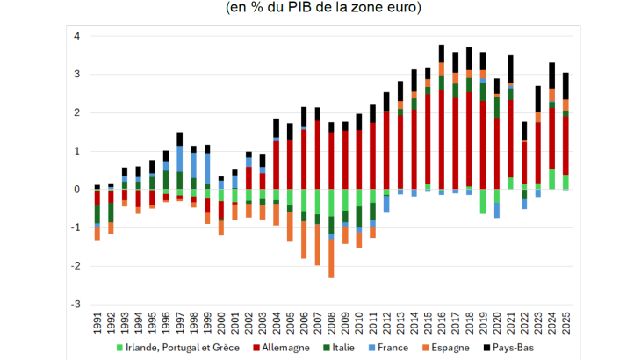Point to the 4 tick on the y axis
(77, 36)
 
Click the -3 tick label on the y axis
(76, 304)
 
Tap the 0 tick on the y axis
(77, 189)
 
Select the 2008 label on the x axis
(331, 321)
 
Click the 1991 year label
(97, 321)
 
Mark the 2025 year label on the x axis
(565, 321)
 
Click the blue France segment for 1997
(180, 158)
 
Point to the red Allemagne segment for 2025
(565, 146)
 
